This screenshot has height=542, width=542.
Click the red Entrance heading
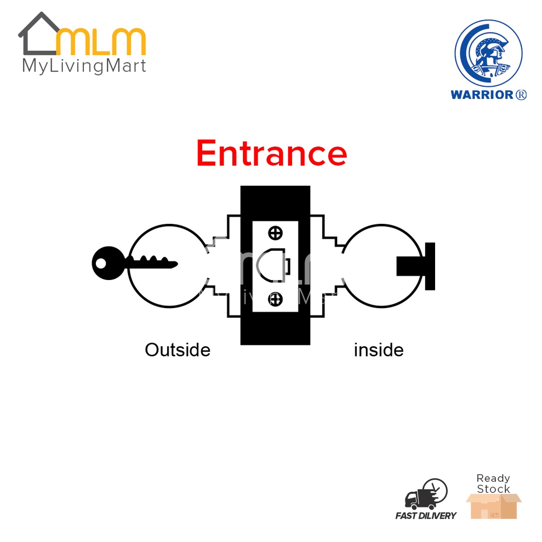click(272, 153)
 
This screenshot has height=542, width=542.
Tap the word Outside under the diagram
click(177, 350)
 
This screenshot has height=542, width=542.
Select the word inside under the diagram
click(378, 350)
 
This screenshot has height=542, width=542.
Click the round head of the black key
click(108, 263)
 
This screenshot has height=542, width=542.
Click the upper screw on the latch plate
click(275, 232)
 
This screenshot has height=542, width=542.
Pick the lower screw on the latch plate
click(275, 300)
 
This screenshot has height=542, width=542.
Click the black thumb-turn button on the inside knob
click(416, 266)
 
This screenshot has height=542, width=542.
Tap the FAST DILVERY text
click(426, 516)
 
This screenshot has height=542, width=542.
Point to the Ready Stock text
click(493, 483)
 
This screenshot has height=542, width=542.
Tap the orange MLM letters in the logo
click(101, 43)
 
